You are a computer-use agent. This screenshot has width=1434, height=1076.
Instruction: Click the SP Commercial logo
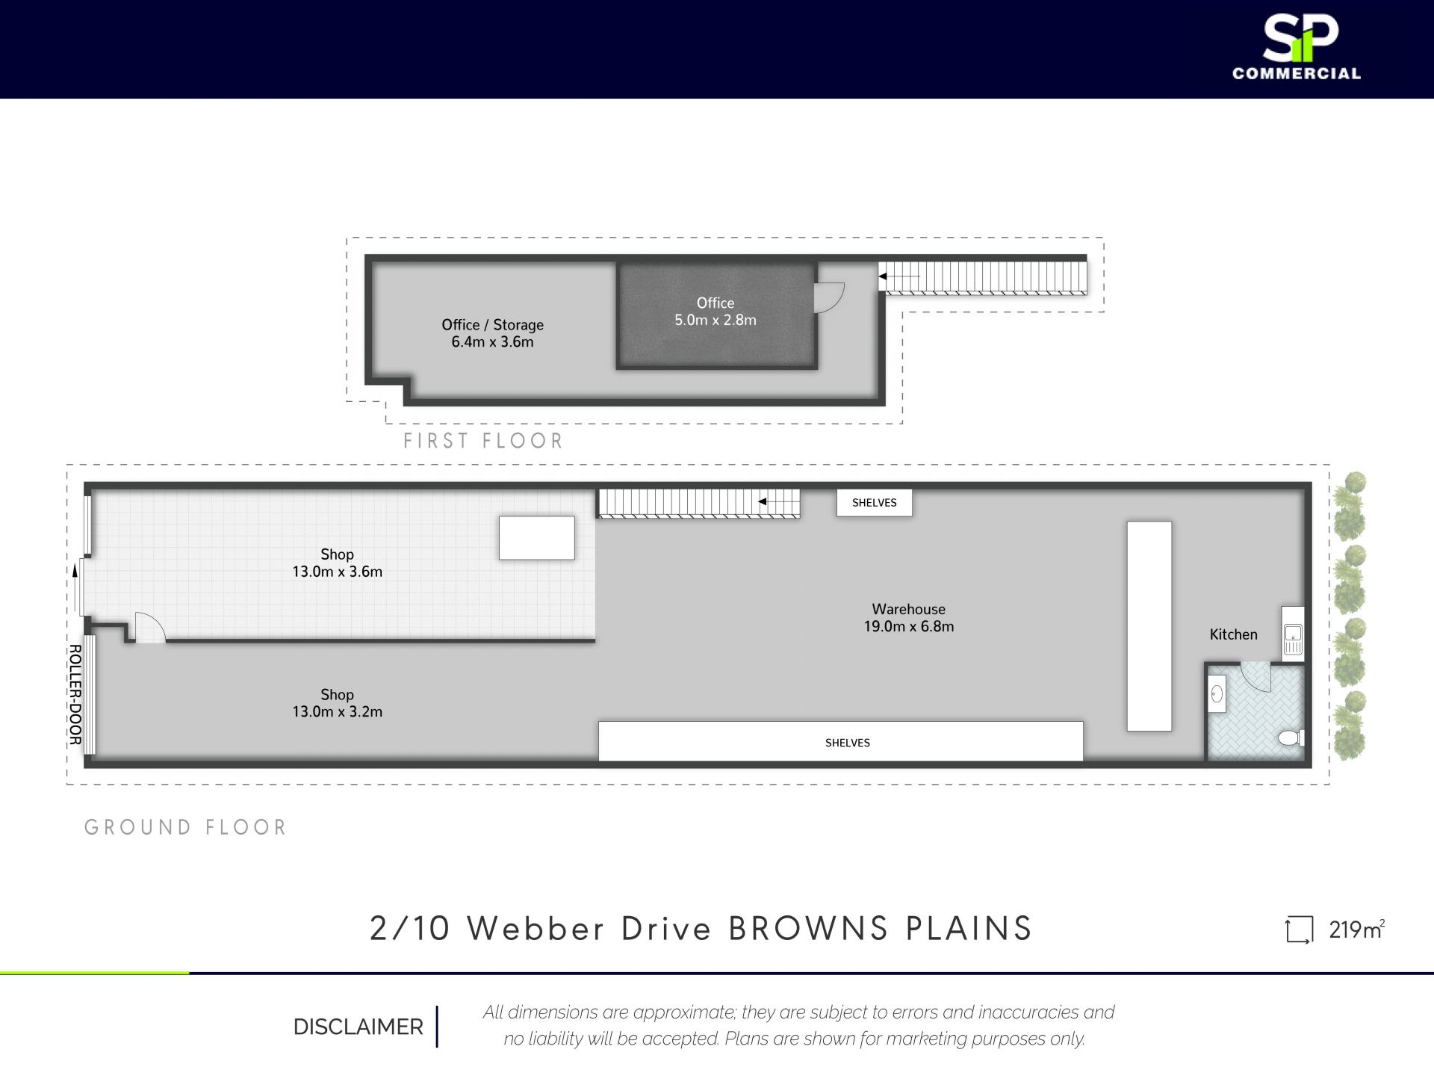point(1297,48)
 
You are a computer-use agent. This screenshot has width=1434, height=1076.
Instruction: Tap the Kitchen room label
point(1233,634)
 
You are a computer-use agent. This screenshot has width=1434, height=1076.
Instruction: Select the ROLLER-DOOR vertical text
point(75,695)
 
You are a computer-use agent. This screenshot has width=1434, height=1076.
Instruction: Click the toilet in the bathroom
point(1291,738)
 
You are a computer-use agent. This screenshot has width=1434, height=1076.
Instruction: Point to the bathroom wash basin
point(1217,694)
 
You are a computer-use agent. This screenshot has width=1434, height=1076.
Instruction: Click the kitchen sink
point(1293,640)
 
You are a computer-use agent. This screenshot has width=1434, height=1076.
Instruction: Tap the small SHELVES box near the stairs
point(874,503)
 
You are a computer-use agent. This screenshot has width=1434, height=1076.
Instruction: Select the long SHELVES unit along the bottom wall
point(841,741)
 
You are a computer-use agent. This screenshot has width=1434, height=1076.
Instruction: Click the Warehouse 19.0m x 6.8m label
point(909,618)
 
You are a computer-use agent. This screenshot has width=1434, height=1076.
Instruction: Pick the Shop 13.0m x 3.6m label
point(337,563)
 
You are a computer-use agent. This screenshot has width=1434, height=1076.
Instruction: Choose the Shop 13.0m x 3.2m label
point(337,703)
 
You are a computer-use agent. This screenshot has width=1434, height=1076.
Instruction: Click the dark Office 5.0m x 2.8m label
point(716,312)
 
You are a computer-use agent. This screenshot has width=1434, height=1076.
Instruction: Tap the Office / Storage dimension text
point(492,341)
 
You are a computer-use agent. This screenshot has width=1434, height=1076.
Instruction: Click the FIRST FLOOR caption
point(483,441)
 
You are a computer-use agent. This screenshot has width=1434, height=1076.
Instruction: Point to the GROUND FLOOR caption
point(185,827)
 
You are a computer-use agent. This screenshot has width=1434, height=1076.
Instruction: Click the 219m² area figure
point(1356,930)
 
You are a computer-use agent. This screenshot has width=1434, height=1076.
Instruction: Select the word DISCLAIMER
point(358,1027)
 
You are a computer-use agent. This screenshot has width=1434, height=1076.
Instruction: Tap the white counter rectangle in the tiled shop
point(537,538)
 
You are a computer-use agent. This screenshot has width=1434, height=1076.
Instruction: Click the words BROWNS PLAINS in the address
point(881,929)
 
